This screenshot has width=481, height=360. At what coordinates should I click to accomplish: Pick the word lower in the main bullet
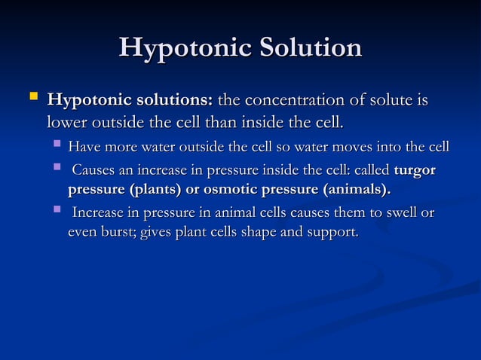point(66,121)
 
